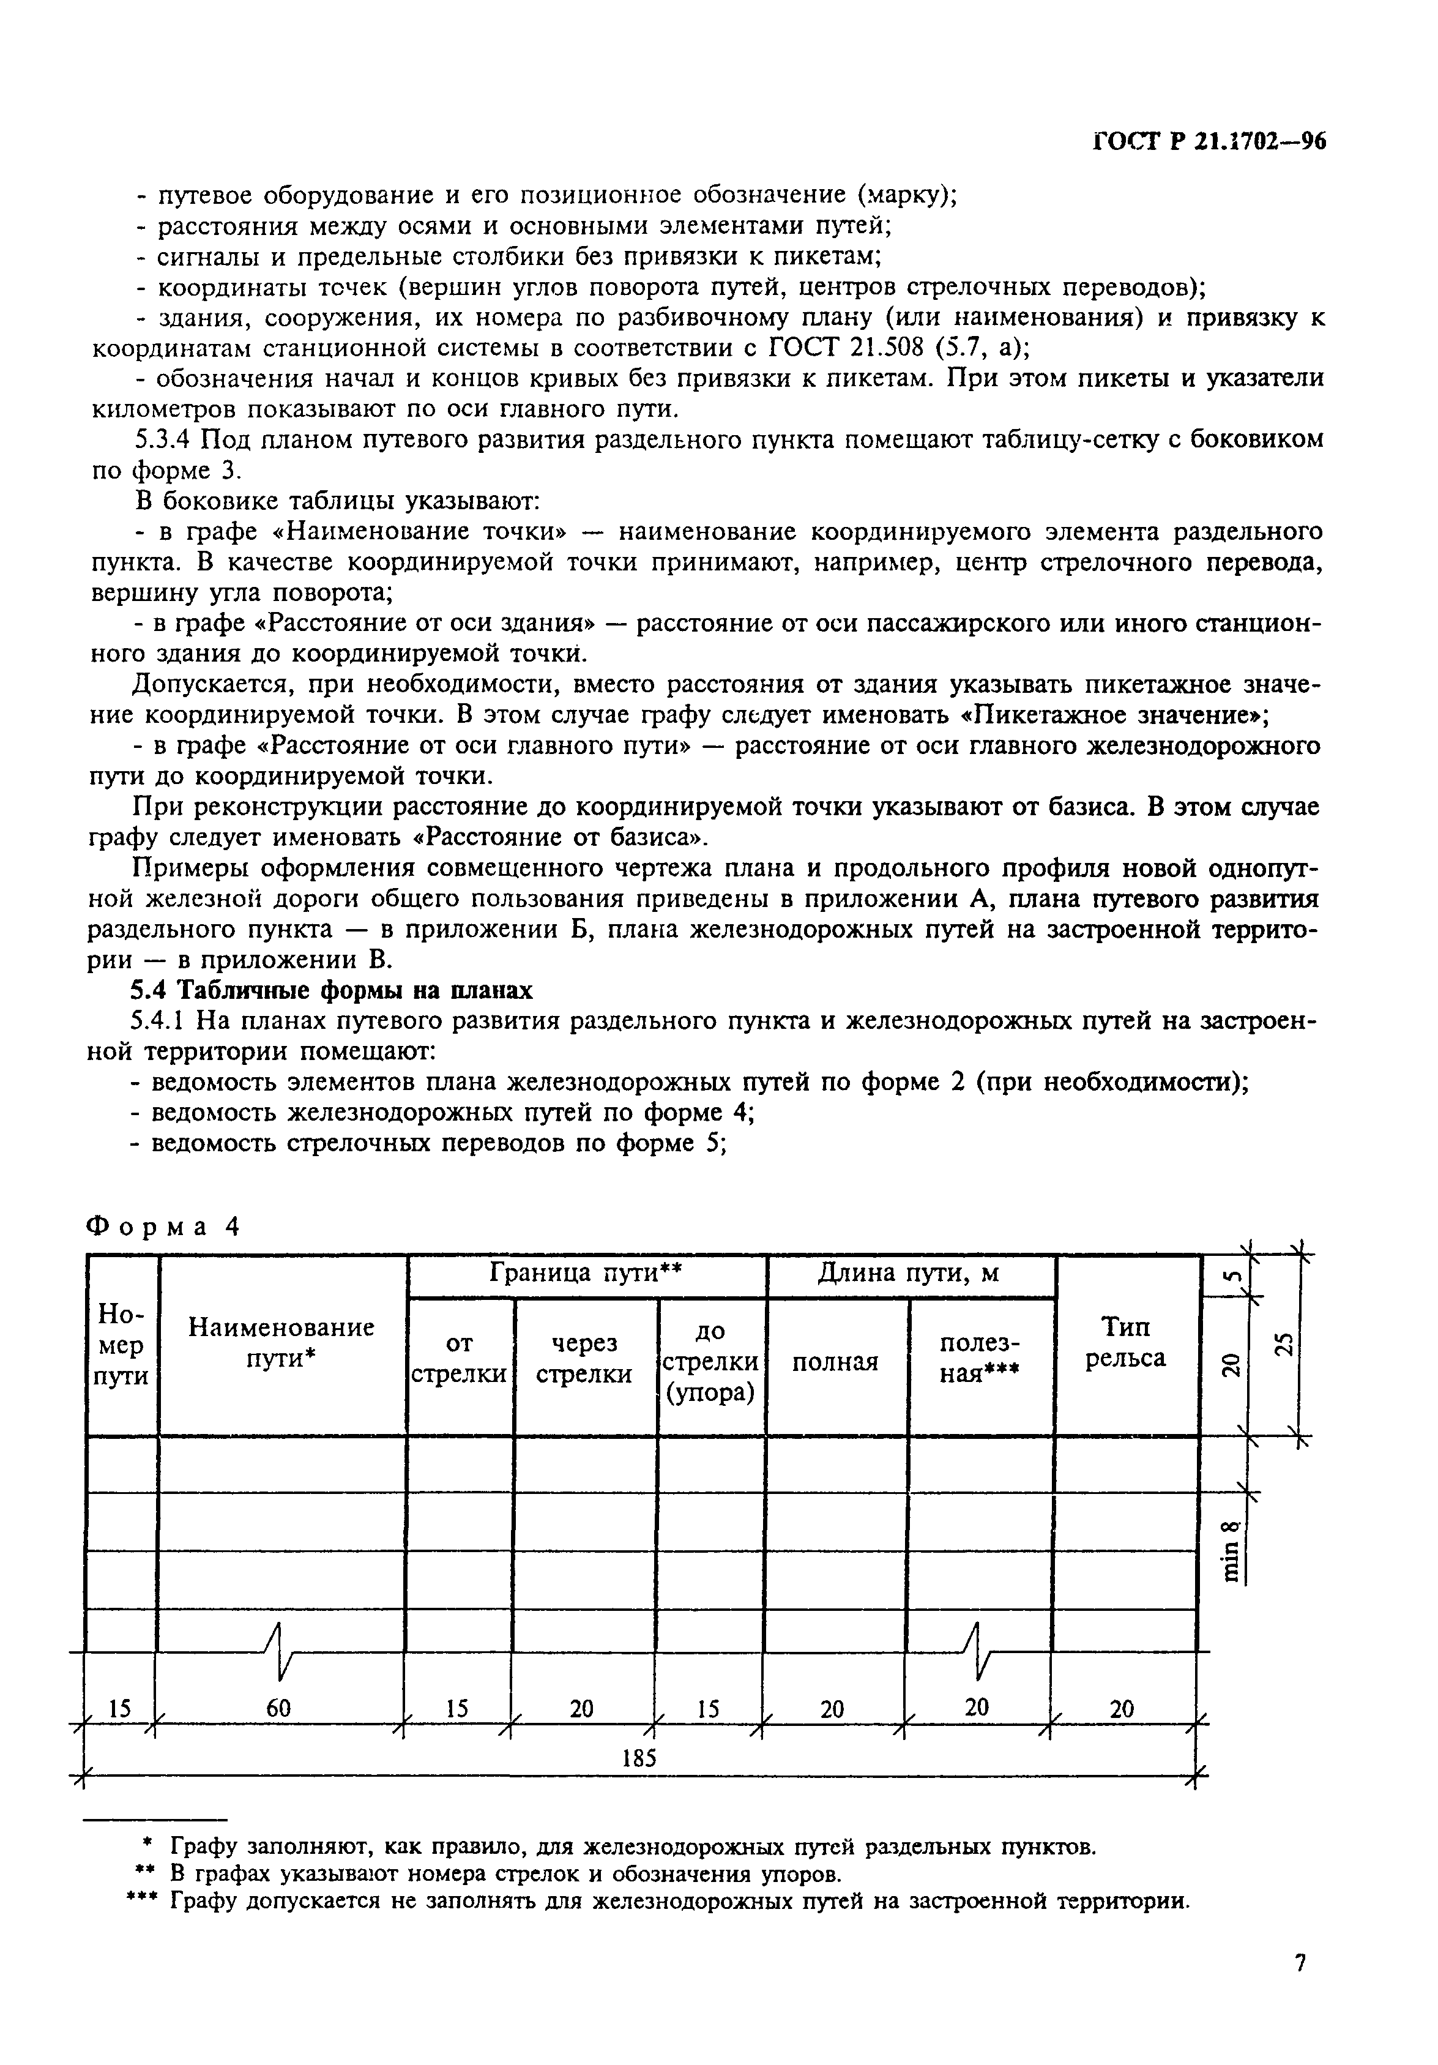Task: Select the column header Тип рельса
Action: [1125, 1342]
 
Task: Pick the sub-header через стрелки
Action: [584, 1358]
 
